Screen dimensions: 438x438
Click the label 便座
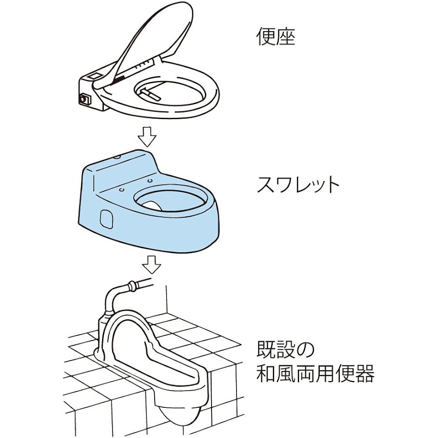pos(276,38)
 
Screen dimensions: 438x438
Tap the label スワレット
pos(297,185)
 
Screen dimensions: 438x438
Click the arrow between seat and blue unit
pos(147,136)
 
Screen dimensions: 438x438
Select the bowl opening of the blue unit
pos(169,200)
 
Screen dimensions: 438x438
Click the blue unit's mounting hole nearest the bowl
pos(149,180)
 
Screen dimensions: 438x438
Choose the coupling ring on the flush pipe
pos(130,286)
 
